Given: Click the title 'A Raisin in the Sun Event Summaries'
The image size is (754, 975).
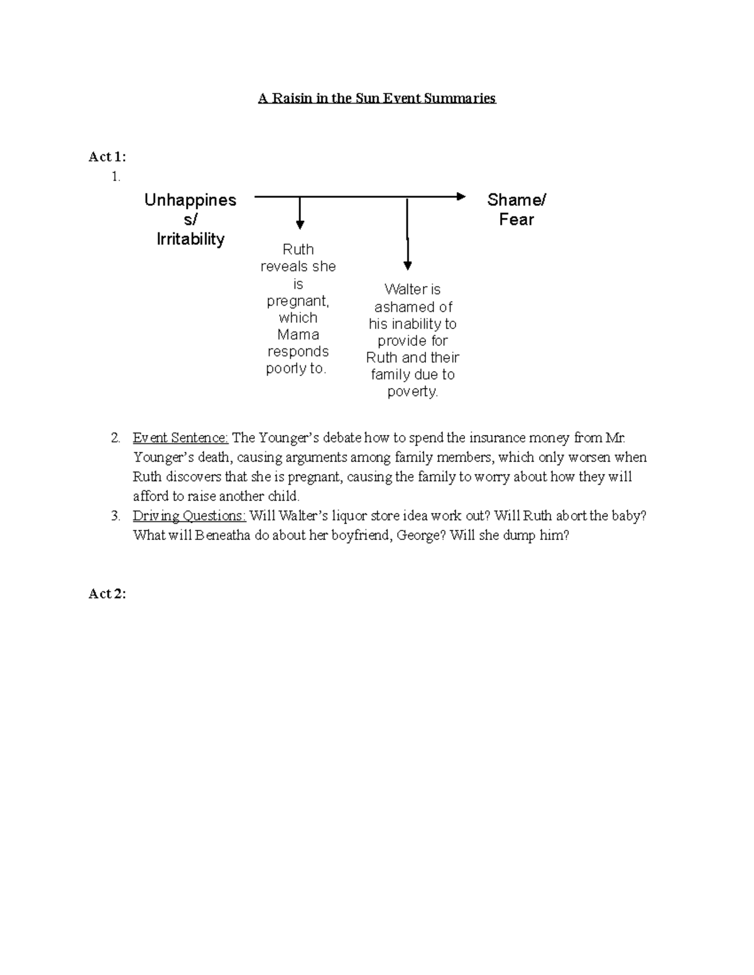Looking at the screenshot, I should pyautogui.click(x=377, y=99).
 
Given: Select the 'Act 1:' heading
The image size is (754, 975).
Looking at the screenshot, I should pyautogui.click(x=107, y=157).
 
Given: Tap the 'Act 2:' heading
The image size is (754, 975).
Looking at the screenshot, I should pyautogui.click(x=107, y=594).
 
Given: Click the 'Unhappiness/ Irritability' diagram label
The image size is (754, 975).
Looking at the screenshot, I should pyautogui.click(x=190, y=219).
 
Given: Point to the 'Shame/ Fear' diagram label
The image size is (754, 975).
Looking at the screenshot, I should pyautogui.click(x=516, y=210).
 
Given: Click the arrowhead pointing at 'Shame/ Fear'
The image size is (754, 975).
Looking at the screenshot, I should pyautogui.click(x=461, y=197).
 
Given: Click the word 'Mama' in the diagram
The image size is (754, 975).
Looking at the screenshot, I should pyautogui.click(x=298, y=335).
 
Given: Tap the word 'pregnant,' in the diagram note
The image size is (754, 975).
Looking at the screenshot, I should pyautogui.click(x=298, y=301).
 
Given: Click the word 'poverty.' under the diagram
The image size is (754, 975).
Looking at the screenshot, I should pyautogui.click(x=413, y=392).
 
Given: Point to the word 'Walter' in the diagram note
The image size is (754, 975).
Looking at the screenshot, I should pyautogui.click(x=404, y=289).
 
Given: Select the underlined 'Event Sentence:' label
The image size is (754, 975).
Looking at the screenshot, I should pyautogui.click(x=180, y=438).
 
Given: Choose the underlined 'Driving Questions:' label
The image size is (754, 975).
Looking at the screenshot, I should pyautogui.click(x=189, y=516).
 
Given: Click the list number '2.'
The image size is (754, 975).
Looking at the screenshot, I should pyautogui.click(x=115, y=438).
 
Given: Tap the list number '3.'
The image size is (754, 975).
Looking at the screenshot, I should pyautogui.click(x=115, y=516).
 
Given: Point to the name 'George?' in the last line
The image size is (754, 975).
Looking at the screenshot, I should pyautogui.click(x=423, y=536).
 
